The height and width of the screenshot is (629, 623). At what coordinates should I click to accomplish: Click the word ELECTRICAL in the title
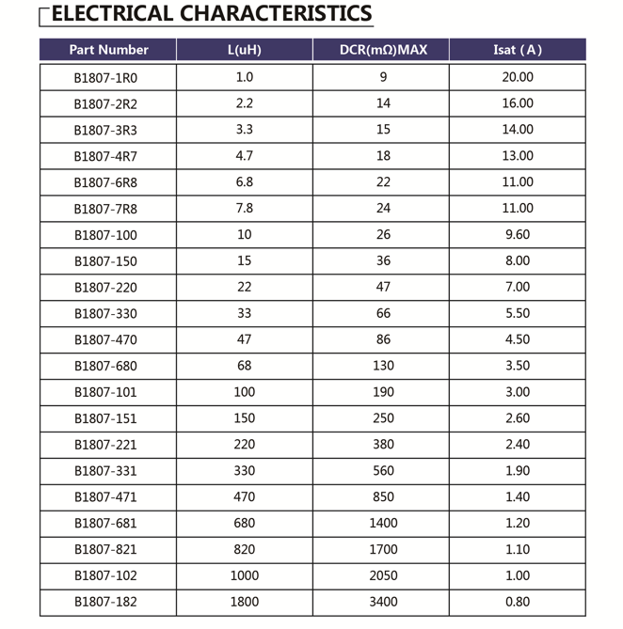pyautogui.click(x=110, y=14)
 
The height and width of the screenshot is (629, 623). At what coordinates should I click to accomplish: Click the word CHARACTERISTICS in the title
pyautogui.click(x=275, y=14)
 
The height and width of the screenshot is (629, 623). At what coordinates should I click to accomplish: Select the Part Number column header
pyautogui.click(x=108, y=50)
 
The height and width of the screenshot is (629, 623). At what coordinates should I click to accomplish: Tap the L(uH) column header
pyautogui.click(x=244, y=50)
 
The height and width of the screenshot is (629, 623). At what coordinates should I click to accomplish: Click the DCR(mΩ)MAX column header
pyautogui.click(x=382, y=50)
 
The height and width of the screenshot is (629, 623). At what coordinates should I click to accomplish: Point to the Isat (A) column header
pyautogui.click(x=518, y=50)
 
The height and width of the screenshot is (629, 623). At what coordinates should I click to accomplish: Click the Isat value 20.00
pyautogui.click(x=518, y=77)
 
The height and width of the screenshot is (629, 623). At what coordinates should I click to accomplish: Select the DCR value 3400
pyautogui.click(x=382, y=602)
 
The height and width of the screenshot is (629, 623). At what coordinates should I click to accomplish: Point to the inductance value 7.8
pyautogui.click(x=244, y=209)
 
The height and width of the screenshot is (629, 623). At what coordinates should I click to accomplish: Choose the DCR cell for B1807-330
pyautogui.click(x=382, y=313)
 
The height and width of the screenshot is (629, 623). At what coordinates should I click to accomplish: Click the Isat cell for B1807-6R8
pyautogui.click(x=518, y=182)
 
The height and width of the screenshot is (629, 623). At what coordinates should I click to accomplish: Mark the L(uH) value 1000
pyautogui.click(x=244, y=575)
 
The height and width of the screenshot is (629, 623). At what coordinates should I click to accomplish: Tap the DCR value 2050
pyautogui.click(x=382, y=575)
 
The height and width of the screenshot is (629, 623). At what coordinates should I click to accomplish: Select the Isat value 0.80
pyautogui.click(x=518, y=602)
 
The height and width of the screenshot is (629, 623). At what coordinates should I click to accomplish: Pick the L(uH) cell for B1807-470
pyautogui.click(x=244, y=339)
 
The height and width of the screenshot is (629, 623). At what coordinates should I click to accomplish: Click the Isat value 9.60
pyautogui.click(x=518, y=235)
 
